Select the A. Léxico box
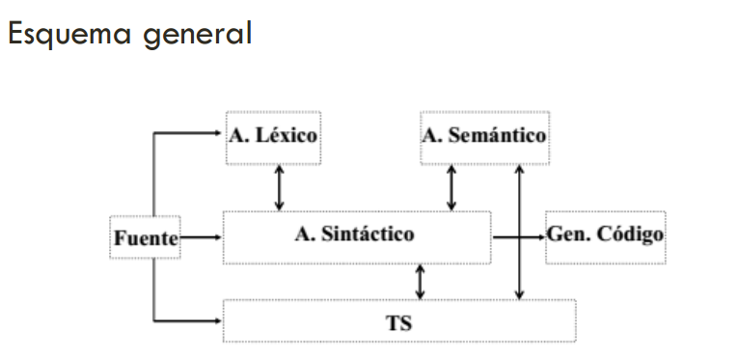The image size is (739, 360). point(273,136)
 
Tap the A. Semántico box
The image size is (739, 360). point(484,136)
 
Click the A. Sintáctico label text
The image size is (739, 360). point(355,235)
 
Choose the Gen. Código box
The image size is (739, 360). point(605,235)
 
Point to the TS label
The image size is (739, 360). point(398,322)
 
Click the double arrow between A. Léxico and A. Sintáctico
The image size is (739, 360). point(280,187)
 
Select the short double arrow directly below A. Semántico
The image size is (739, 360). point(452,187)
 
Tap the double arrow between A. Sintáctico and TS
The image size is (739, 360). point(420,281)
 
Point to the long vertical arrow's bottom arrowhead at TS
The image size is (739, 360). point(520,293)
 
